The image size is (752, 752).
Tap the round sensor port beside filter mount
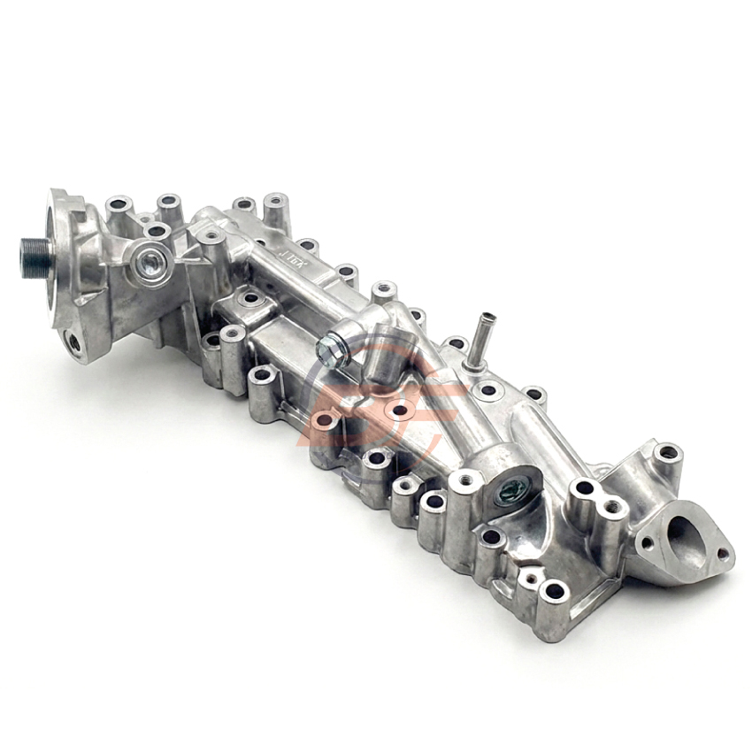point(151,259)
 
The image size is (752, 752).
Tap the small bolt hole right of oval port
point(725,555)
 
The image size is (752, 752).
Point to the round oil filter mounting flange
point(66,243)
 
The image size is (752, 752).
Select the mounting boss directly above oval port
point(668,452)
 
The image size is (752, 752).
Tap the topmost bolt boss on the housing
point(275,201)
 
